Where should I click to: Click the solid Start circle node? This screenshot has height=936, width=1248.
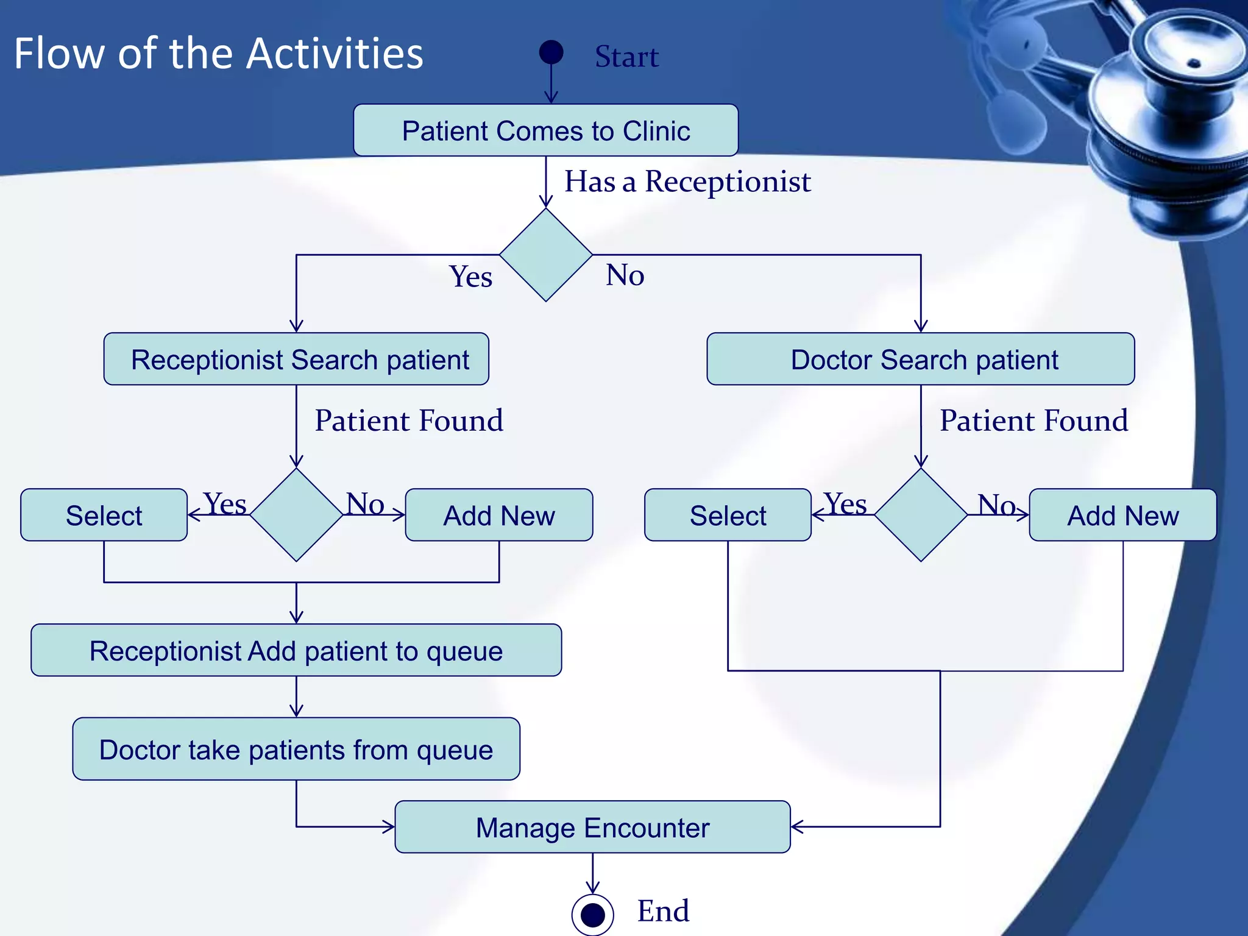pyautogui.click(x=551, y=52)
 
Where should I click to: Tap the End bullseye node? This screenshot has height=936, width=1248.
pyautogui.click(x=592, y=914)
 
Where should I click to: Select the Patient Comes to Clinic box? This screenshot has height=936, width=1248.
pyautogui.click(x=545, y=130)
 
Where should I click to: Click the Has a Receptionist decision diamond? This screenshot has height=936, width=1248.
pyautogui.click(x=546, y=255)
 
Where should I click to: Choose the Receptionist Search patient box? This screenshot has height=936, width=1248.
pyautogui.click(x=296, y=359)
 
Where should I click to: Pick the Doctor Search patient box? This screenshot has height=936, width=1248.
pyautogui.click(x=920, y=359)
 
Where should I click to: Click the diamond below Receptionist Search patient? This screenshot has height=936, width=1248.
pyautogui.click(x=296, y=515)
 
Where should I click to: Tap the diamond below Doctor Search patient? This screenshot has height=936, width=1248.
pyautogui.click(x=921, y=515)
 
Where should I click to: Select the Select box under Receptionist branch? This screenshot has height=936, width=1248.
pyautogui.click(x=104, y=515)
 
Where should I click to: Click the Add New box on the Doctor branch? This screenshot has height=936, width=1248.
pyautogui.click(x=1122, y=515)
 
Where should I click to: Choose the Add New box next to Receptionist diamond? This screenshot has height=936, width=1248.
pyautogui.click(x=498, y=515)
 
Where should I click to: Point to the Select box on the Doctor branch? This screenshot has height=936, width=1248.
pyautogui.click(x=728, y=515)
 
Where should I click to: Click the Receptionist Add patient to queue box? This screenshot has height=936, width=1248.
pyautogui.click(x=296, y=650)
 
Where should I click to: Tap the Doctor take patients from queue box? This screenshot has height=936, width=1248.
pyautogui.click(x=296, y=749)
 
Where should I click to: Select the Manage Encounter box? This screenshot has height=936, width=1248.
pyautogui.click(x=592, y=827)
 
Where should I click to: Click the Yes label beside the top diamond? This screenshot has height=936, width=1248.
pyautogui.click(x=470, y=277)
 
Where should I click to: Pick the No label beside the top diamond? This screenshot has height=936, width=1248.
pyautogui.click(x=625, y=275)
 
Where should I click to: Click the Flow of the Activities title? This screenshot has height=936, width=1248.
pyautogui.click(x=218, y=54)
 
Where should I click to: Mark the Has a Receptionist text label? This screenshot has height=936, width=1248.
pyautogui.click(x=687, y=182)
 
